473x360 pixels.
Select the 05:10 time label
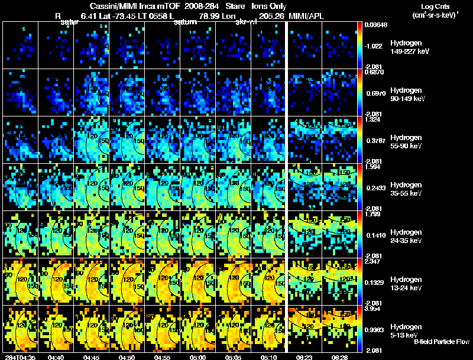click(268, 357)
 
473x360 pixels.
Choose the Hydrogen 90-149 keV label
click(408, 95)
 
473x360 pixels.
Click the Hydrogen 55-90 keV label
click(407, 142)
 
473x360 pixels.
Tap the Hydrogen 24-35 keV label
click(407, 236)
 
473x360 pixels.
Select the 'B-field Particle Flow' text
click(440, 342)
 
